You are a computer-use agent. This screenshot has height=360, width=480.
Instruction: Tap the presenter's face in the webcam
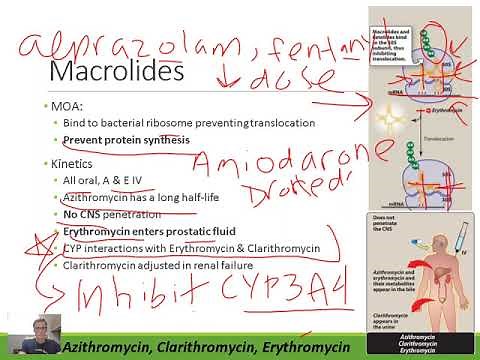tap(27, 333)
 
